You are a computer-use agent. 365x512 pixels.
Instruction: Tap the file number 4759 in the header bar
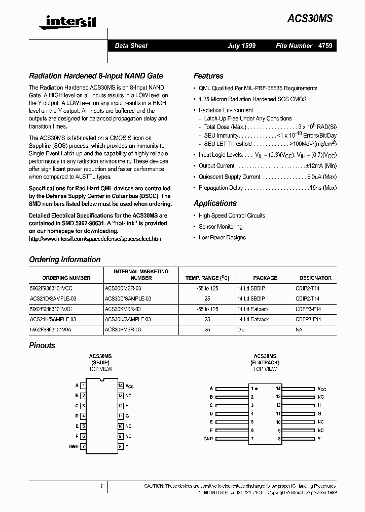[325, 46]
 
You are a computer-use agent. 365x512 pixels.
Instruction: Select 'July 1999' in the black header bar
[241, 46]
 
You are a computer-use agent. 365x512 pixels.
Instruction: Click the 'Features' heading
[208, 76]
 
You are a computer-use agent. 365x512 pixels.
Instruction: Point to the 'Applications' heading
[215, 203]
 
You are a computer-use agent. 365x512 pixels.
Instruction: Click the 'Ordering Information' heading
[64, 259]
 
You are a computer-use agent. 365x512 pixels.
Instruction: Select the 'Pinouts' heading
[42, 345]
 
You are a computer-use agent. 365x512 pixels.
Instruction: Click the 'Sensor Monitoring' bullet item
[221, 227]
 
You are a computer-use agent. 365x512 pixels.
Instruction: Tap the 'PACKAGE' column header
[265, 278]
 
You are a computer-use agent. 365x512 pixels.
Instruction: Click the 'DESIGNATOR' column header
[315, 278]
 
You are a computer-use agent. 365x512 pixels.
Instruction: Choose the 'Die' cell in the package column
[241, 329]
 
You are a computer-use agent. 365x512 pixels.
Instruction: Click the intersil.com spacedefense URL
[95, 239]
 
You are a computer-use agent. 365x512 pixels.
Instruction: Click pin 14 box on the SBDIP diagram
[121, 386]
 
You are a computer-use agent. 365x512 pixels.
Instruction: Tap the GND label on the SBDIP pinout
[74, 447]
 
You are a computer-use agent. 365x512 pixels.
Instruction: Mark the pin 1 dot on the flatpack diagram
[257, 389]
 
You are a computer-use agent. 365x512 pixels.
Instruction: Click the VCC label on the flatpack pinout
[322, 389]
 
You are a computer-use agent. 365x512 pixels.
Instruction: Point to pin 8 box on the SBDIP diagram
[121, 447]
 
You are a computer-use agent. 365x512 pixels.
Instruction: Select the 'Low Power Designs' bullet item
[222, 237]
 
